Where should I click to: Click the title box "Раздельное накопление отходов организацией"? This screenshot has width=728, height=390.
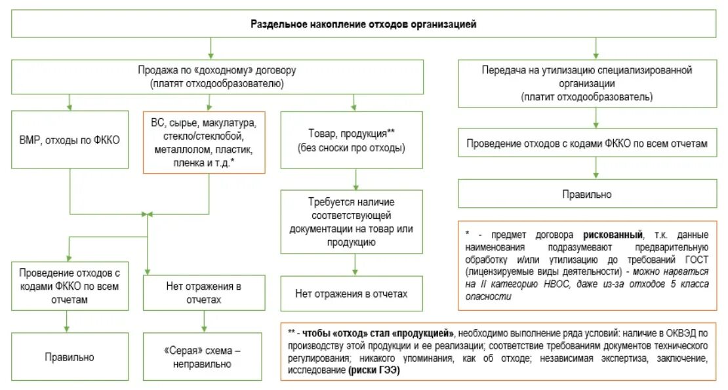click(363, 24)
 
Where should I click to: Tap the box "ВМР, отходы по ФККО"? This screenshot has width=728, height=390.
click(70, 142)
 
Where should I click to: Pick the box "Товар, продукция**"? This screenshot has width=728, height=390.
click(354, 141)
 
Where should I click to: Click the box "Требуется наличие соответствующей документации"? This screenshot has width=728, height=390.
click(354, 222)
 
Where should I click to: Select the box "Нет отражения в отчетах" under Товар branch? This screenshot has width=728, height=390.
click(354, 294)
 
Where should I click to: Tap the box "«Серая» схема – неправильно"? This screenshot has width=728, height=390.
click(204, 358)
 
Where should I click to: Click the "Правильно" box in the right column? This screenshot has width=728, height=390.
click(596, 195)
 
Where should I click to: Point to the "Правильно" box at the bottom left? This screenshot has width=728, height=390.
click(70, 357)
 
